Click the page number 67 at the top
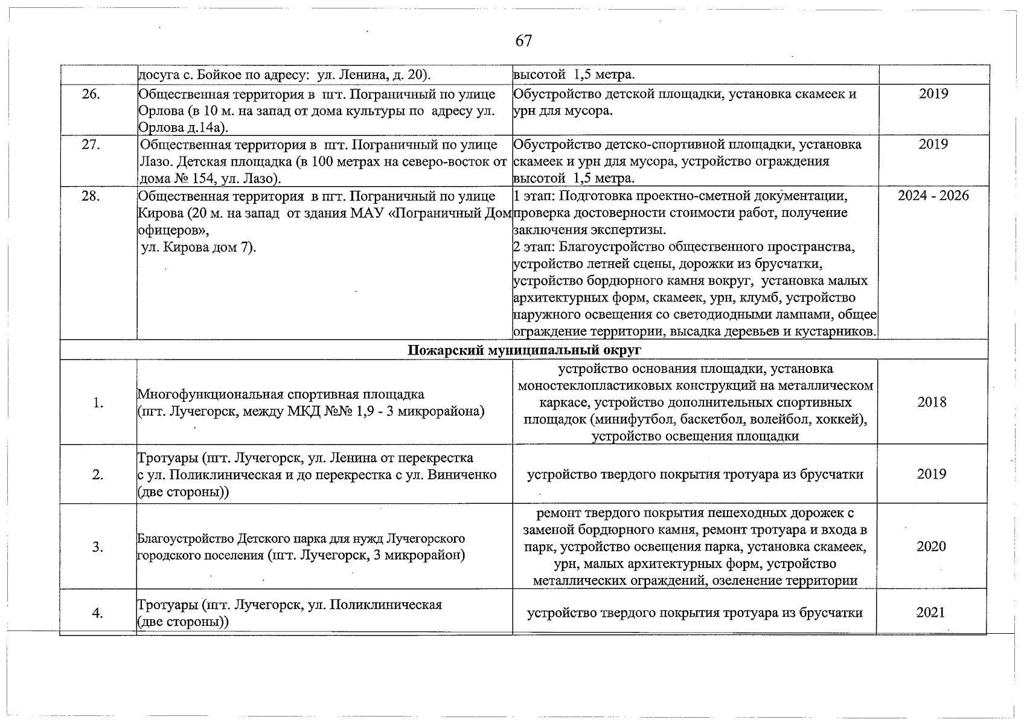click(523, 41)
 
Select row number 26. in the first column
click(91, 94)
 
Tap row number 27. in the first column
click(91, 145)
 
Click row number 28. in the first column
click(91, 196)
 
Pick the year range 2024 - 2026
click(933, 196)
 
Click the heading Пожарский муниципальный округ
click(524, 350)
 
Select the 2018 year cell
click(932, 402)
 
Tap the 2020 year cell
click(932, 547)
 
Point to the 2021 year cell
click(930, 613)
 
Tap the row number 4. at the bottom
click(97, 613)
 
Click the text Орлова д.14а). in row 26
click(183, 128)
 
